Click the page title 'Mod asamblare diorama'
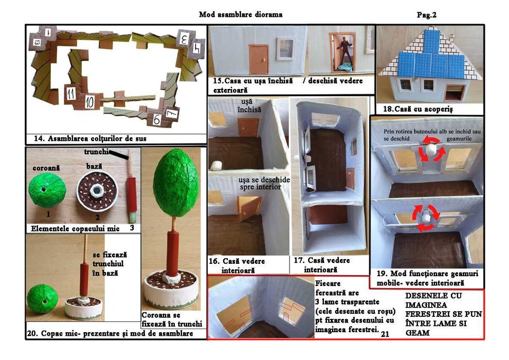tap(241, 14)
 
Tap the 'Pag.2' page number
tap(426, 15)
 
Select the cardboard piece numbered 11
tap(71, 94)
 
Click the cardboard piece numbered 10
tap(89, 101)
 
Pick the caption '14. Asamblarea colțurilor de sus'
tap(90, 138)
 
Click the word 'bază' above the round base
tap(94, 166)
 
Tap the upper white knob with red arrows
tap(429, 149)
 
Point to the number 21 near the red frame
tap(386, 334)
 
